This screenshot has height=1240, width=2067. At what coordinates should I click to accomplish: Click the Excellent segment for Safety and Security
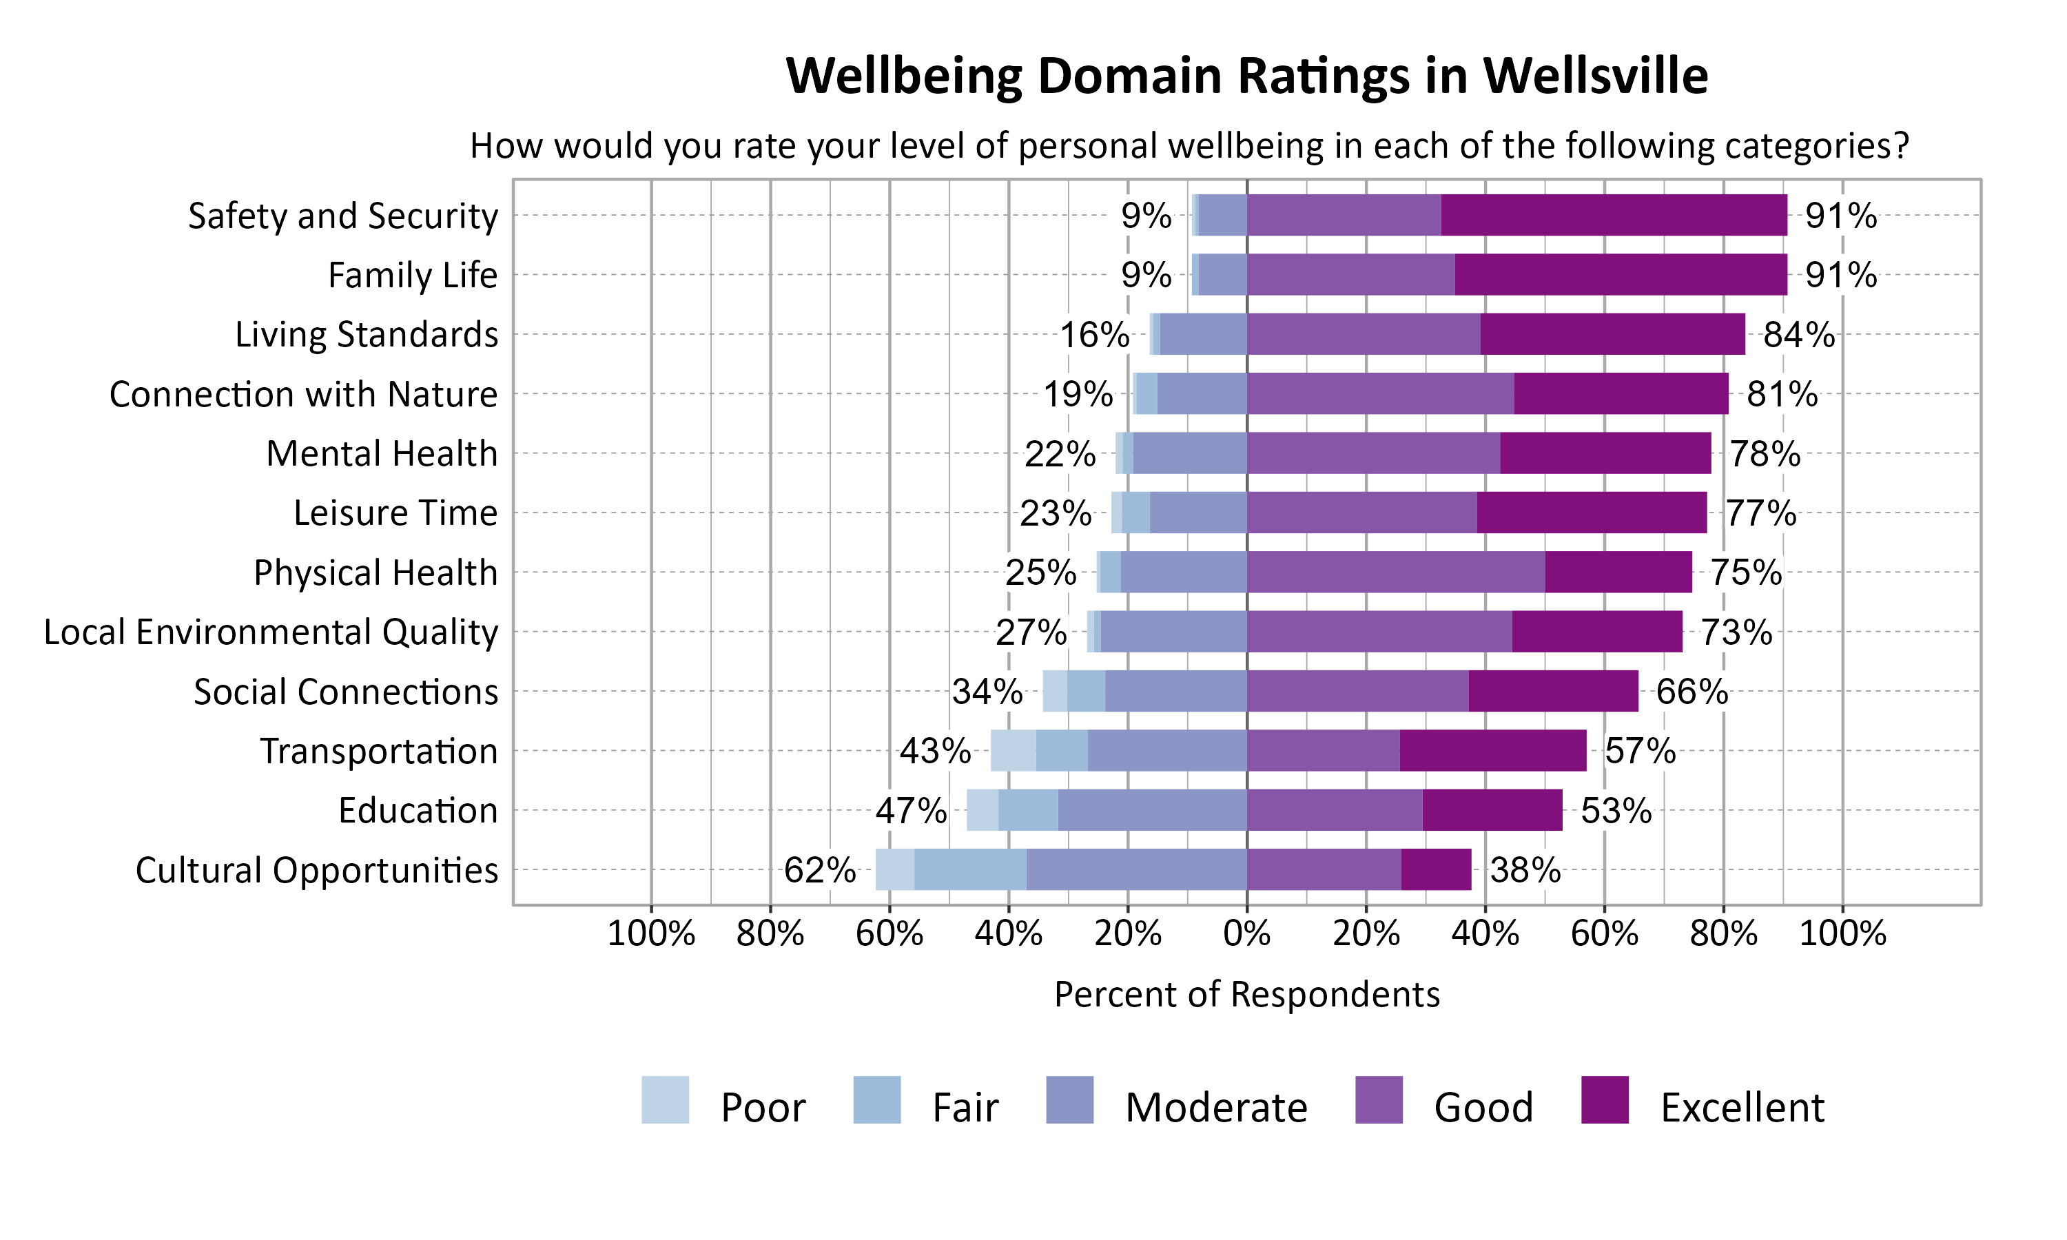[1614, 215]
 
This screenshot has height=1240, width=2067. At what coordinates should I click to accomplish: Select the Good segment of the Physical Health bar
[1395, 572]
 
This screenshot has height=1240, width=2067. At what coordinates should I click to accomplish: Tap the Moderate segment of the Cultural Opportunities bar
[1136, 870]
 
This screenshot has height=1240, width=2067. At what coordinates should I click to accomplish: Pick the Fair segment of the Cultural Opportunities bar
[970, 870]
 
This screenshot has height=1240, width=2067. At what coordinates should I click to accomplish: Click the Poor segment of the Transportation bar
[1014, 750]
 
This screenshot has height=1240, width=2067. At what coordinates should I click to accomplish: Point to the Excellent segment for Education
[1492, 811]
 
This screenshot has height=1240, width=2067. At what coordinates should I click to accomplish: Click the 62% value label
[819, 871]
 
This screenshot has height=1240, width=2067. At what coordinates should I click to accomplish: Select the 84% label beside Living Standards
[1798, 334]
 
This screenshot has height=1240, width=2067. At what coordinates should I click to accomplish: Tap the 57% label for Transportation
[1639, 751]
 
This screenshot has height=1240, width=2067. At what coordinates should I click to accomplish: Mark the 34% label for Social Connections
[987, 692]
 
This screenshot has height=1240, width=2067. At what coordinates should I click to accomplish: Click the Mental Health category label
[381, 454]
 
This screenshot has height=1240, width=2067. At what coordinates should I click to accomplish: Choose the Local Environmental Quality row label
[271, 632]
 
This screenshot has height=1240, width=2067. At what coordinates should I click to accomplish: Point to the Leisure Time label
[395, 513]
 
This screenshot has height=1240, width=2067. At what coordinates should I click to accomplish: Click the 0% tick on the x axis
[1246, 933]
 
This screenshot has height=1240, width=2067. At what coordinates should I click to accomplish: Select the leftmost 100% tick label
[651, 933]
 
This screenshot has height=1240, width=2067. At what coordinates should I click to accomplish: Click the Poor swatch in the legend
[665, 1099]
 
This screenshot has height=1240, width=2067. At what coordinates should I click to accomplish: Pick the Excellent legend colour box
[1605, 1099]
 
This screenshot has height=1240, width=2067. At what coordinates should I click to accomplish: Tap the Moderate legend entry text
[1215, 1108]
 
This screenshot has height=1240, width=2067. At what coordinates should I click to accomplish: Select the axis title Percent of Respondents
[1246, 994]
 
